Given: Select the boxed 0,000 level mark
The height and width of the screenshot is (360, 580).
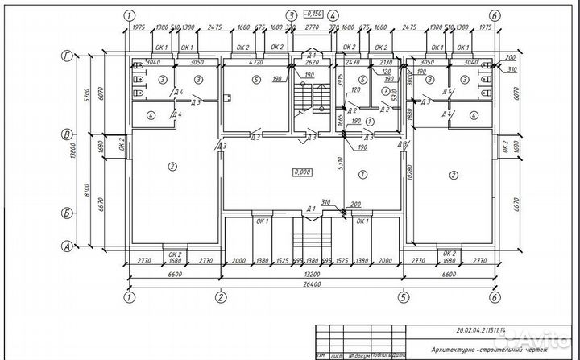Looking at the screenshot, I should click(x=303, y=172).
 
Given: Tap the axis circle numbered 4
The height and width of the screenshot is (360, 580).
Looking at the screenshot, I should click(x=333, y=16).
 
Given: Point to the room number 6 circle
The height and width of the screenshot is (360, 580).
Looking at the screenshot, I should click(x=362, y=80).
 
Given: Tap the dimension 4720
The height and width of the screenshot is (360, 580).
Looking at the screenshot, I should click(x=256, y=61).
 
